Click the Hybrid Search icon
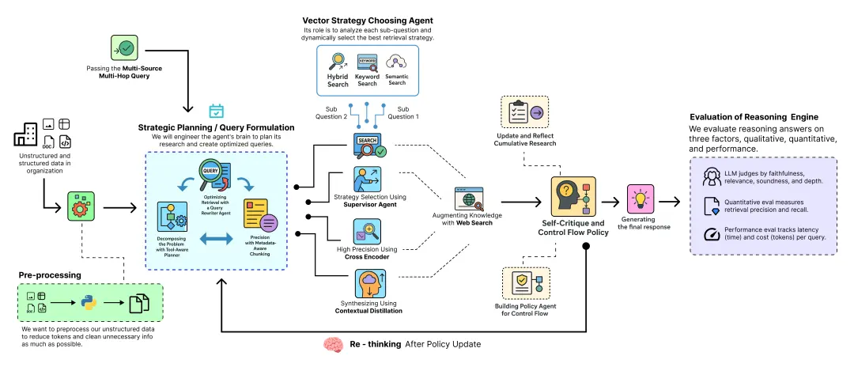pyautogui.click(x=338, y=62)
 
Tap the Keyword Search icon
pyautogui.click(x=367, y=63)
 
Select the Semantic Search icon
pyautogui.click(x=396, y=62)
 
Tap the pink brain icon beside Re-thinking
pyautogui.click(x=333, y=345)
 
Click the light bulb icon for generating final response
pyautogui.click(x=640, y=198)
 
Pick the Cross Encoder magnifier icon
pyautogui.click(x=367, y=231)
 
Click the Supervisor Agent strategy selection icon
pyautogui.click(x=367, y=179)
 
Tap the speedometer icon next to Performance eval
pyautogui.click(x=709, y=234)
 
